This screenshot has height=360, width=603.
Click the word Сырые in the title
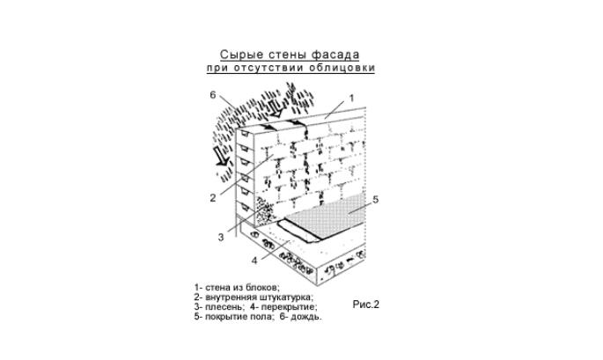tap(237, 55)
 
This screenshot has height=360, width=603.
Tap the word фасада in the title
tap(335, 55)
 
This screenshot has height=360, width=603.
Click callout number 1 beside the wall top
tap(351, 99)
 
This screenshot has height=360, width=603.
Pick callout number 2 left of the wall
tap(213, 198)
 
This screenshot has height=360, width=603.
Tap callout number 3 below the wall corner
tap(221, 238)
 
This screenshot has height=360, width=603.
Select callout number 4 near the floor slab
tap(254, 261)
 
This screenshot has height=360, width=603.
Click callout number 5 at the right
tap(376, 199)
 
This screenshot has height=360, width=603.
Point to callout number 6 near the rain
tap(213, 94)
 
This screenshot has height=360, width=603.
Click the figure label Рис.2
tap(365, 305)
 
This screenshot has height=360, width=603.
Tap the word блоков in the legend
tap(262, 287)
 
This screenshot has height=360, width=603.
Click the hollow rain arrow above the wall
tap(276, 108)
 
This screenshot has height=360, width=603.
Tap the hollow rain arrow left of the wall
tap(223, 157)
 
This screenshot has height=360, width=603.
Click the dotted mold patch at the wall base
tap(265, 212)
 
